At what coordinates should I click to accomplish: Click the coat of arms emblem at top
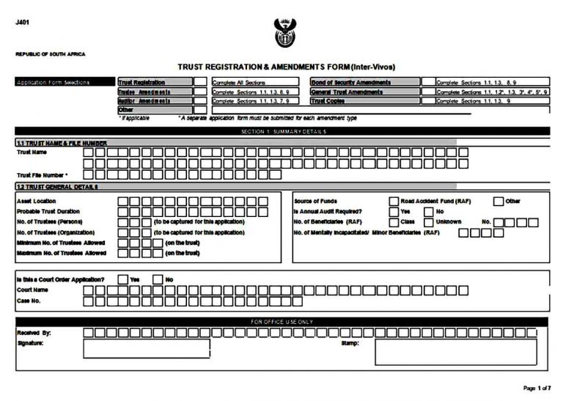281,33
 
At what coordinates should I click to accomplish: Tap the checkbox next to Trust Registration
200,83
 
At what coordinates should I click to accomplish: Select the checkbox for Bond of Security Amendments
427,83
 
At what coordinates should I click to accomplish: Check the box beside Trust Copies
427,101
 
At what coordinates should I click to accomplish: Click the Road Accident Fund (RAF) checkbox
394,201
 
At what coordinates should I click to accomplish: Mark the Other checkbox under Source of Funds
498,201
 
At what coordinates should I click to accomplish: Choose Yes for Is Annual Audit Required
394,211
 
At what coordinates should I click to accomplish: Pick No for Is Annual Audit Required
429,211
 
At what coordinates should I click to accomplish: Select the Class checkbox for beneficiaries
394,221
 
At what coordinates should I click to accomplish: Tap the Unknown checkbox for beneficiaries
429,221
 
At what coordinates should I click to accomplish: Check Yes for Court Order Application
122,279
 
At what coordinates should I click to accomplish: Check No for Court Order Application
158,279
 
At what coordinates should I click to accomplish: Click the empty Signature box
136,350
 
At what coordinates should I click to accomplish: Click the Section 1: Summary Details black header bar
281,131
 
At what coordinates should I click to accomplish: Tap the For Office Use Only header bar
281,321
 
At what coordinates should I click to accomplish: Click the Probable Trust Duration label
48,211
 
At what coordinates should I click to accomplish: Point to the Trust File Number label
42,175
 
